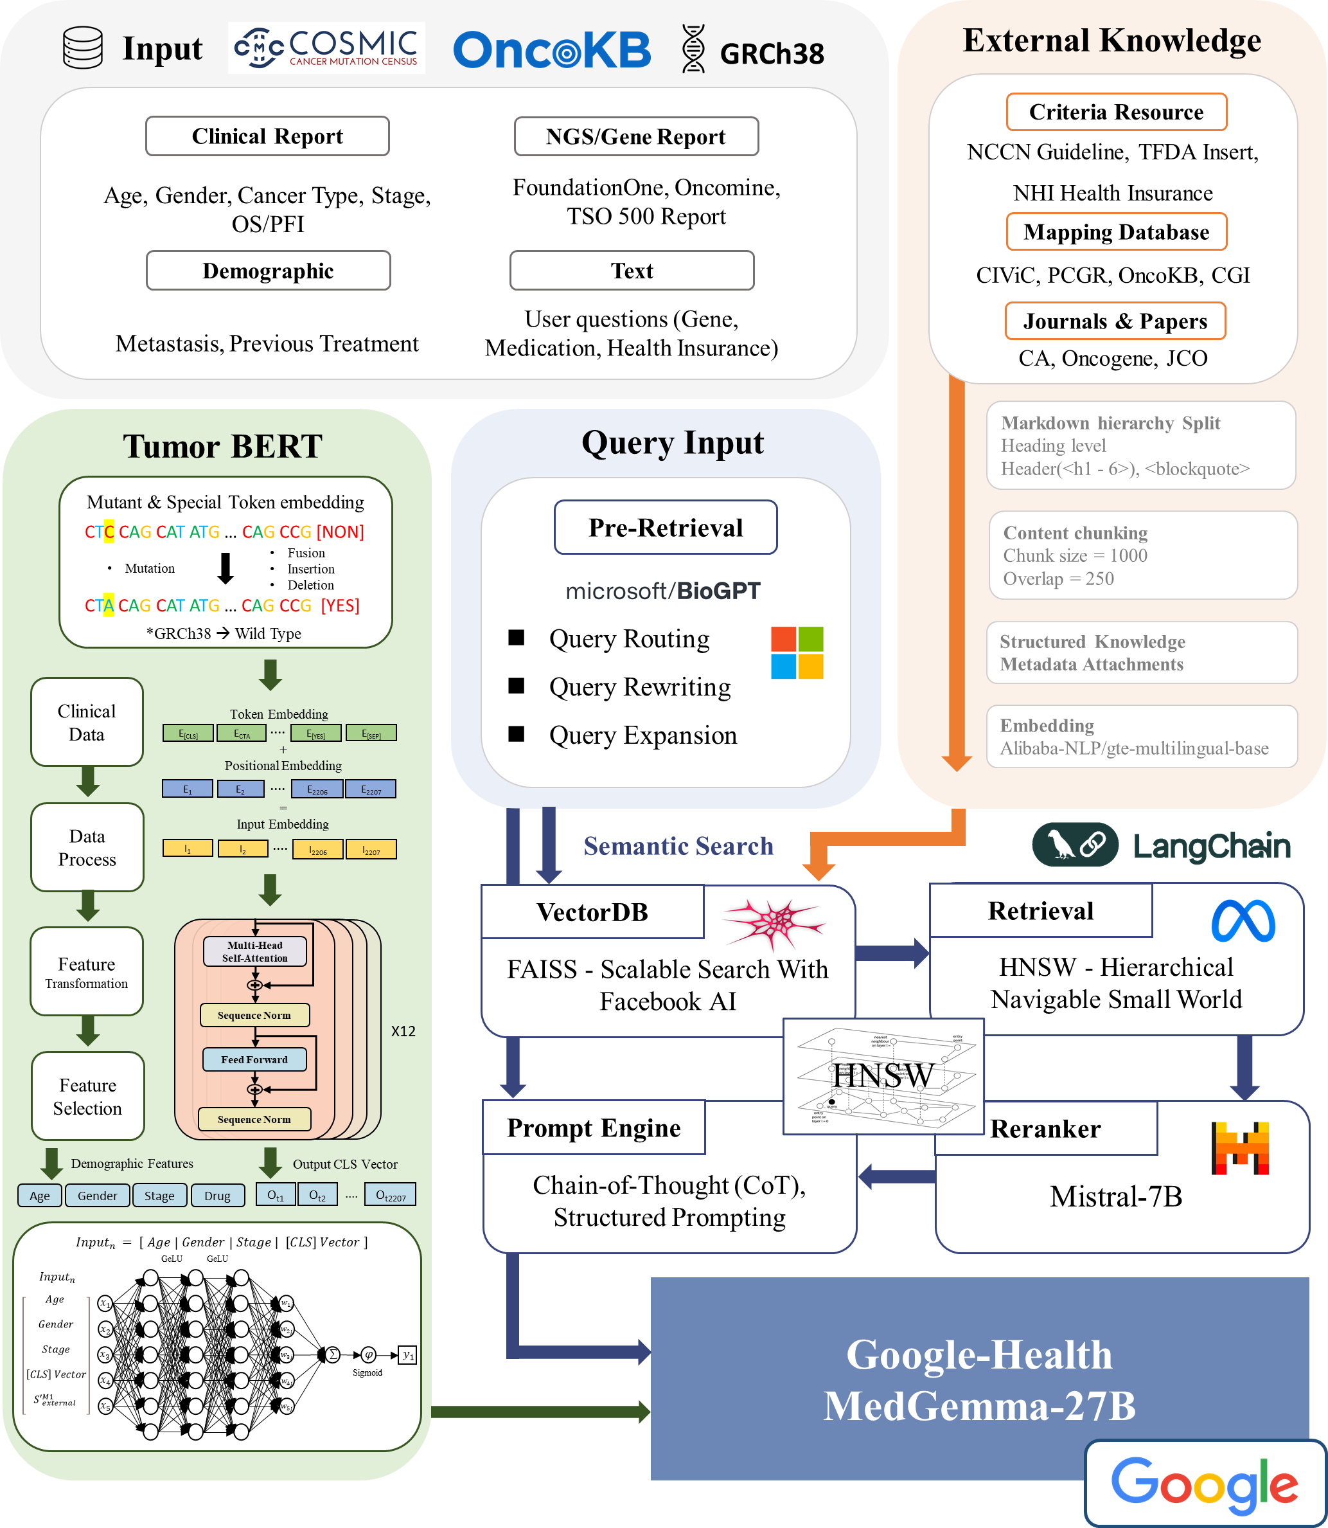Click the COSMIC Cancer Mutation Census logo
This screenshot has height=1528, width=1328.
[326, 48]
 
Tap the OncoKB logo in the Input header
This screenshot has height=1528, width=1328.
[551, 49]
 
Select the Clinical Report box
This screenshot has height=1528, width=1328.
[267, 136]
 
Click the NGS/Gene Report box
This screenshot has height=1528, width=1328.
[636, 136]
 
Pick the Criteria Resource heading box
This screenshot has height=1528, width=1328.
[1116, 112]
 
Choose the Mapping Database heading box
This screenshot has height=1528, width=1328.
[1116, 232]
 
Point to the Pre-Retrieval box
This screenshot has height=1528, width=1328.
[666, 527]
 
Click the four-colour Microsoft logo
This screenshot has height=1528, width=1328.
[797, 652]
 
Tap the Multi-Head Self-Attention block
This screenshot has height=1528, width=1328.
[255, 951]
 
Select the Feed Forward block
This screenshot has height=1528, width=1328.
[254, 1059]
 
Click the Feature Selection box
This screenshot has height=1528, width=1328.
[87, 1096]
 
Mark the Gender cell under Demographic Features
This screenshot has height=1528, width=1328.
[97, 1195]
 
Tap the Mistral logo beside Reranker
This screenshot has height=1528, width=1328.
[1240, 1147]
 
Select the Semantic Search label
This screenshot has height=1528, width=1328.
[678, 846]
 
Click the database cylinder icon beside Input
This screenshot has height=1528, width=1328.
[82, 48]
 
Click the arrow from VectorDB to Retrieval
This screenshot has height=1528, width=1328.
[892, 953]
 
